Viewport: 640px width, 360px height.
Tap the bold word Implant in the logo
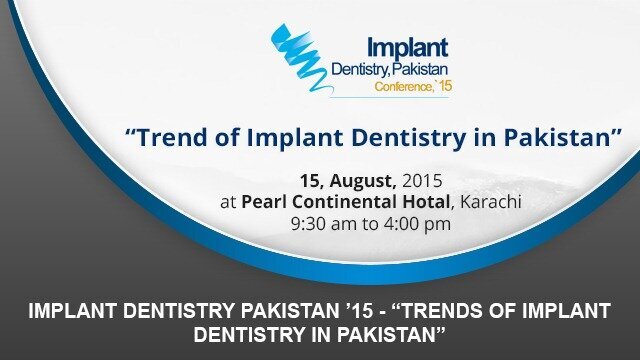(x=407, y=47)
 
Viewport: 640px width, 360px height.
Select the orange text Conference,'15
(x=411, y=87)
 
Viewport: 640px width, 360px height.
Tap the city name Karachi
(x=490, y=202)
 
